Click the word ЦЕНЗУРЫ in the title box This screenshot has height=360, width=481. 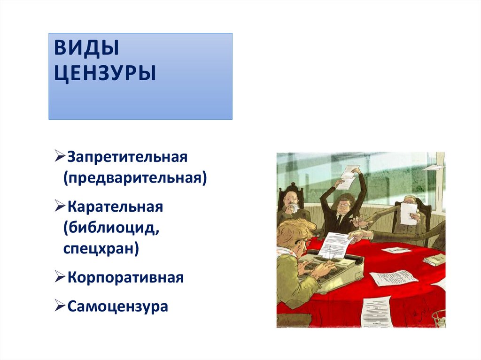(104, 74)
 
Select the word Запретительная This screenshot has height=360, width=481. (127, 156)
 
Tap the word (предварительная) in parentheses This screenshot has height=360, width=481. (135, 178)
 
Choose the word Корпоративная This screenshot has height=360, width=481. (125, 277)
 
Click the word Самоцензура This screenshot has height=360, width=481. (117, 306)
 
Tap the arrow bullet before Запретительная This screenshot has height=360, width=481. (60, 156)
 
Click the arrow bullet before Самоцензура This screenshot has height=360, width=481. (60, 306)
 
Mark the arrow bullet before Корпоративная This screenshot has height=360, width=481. (60, 277)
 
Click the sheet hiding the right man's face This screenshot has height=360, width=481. (408, 214)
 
